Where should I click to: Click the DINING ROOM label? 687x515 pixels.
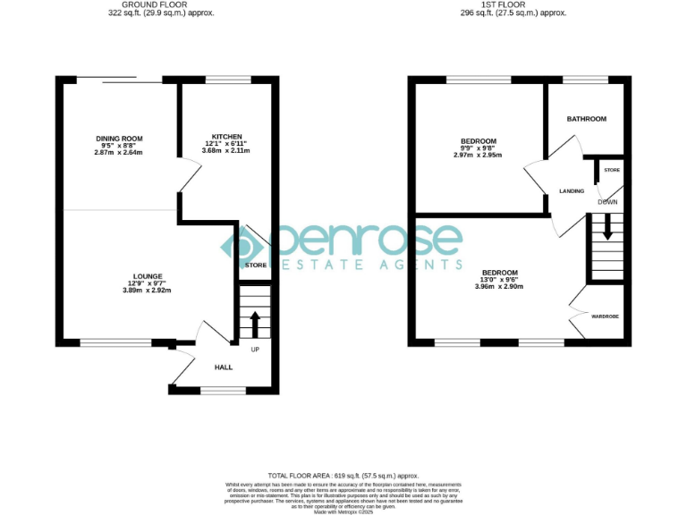point(119,139)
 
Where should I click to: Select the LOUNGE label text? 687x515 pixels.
point(148,276)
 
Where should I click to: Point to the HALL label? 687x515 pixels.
point(223,367)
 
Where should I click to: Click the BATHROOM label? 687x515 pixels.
point(586,119)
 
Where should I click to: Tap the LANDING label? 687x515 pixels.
point(572,191)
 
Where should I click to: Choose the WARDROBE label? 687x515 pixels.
point(606,317)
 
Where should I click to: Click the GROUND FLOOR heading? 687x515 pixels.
point(148,5)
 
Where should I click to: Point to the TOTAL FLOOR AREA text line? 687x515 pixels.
point(343,476)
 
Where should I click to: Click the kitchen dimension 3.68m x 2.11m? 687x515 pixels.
point(225,151)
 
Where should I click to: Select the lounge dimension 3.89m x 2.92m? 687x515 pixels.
point(148,291)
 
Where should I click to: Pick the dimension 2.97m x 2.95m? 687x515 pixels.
point(478,156)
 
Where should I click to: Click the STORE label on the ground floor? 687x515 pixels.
point(255,266)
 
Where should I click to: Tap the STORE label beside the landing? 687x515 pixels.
point(611,170)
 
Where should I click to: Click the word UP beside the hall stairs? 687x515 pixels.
point(255,350)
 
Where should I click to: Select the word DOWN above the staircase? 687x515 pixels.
point(607,202)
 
